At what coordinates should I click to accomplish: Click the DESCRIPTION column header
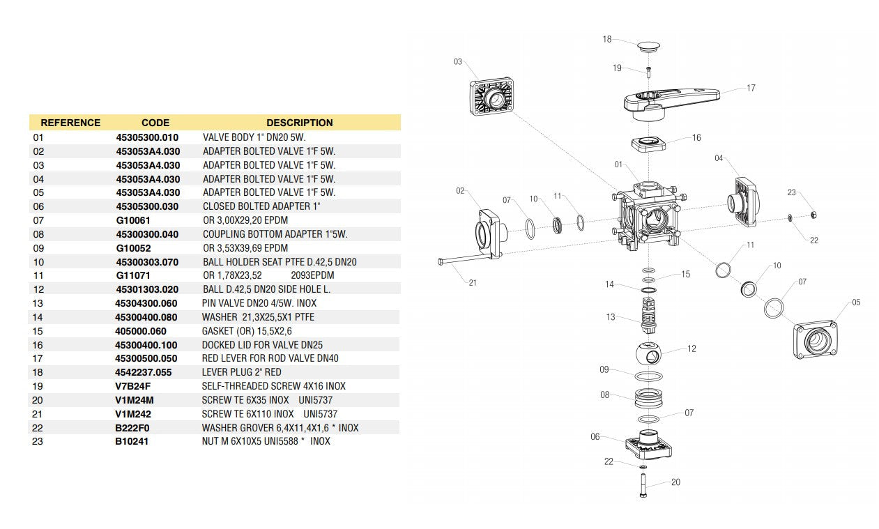point(299,123)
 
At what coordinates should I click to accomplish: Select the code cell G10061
point(133,220)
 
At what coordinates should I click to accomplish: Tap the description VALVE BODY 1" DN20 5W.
point(254,137)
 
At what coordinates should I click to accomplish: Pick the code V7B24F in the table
point(132,385)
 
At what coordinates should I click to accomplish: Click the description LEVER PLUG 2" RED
point(241,371)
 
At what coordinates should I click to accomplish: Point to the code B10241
point(132,440)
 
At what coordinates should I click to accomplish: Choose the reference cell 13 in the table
point(38,302)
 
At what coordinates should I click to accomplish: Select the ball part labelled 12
point(651,354)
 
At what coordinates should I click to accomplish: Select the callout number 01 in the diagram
point(618,164)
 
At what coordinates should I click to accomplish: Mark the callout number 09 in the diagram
point(604,369)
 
